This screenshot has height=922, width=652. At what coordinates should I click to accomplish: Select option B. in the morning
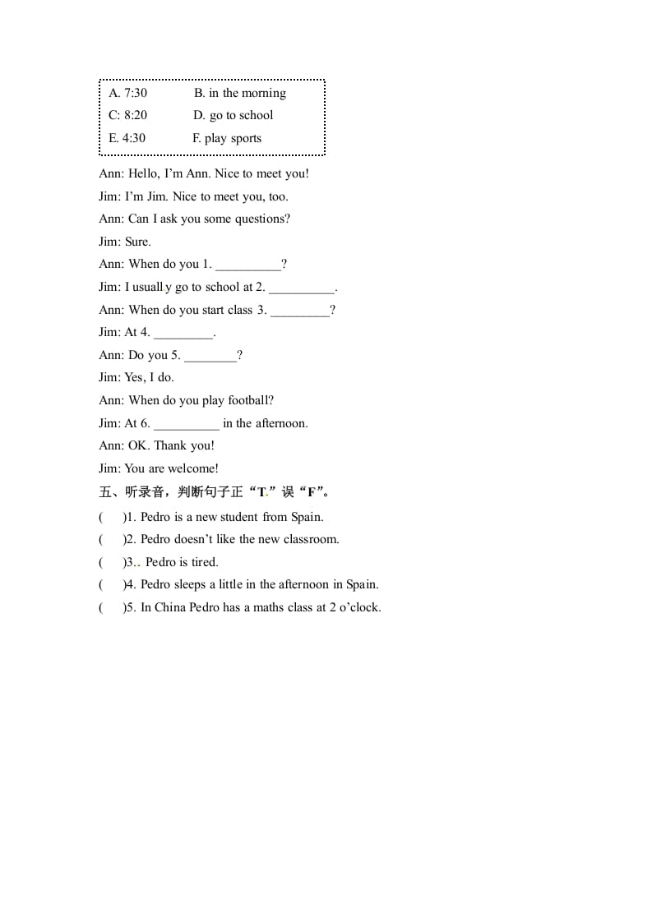pos(240,93)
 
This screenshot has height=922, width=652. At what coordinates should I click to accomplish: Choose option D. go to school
pos(233,115)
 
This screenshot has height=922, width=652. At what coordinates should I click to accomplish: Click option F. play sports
pos(227,138)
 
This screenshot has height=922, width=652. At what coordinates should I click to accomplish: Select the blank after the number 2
pos(302,288)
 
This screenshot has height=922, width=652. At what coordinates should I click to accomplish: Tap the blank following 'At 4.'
pos(183,334)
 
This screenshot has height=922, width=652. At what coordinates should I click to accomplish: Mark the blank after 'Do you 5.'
pos(210,357)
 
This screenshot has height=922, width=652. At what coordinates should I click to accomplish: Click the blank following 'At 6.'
pos(187,425)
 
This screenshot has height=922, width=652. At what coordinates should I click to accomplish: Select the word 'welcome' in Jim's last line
pos(192,468)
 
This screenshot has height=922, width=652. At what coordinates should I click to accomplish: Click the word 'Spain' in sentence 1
pos(306,517)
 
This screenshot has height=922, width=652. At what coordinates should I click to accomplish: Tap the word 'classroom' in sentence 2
pos(310,539)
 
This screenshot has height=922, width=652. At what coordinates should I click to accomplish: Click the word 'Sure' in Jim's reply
pos(136,242)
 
